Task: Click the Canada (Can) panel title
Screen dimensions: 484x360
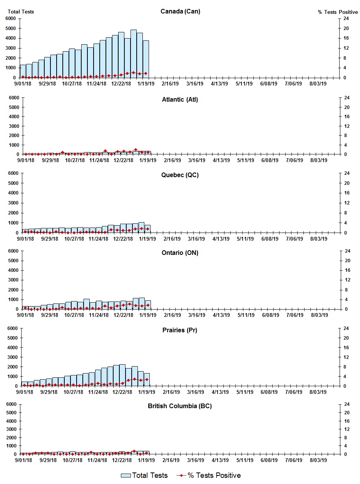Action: (180, 11)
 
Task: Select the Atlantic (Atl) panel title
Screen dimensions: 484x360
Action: (180, 100)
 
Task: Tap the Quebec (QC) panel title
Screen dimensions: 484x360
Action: (180, 175)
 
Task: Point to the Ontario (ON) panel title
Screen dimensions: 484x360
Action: (180, 253)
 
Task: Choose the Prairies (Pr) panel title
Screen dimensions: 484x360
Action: (180, 330)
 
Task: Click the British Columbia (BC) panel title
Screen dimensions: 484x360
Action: (180, 406)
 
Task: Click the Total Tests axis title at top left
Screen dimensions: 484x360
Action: (21, 12)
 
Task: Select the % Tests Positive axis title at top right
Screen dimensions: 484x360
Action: (338, 12)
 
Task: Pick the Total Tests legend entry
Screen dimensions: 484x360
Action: (144, 476)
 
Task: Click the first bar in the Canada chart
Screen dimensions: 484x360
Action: (23, 71)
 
